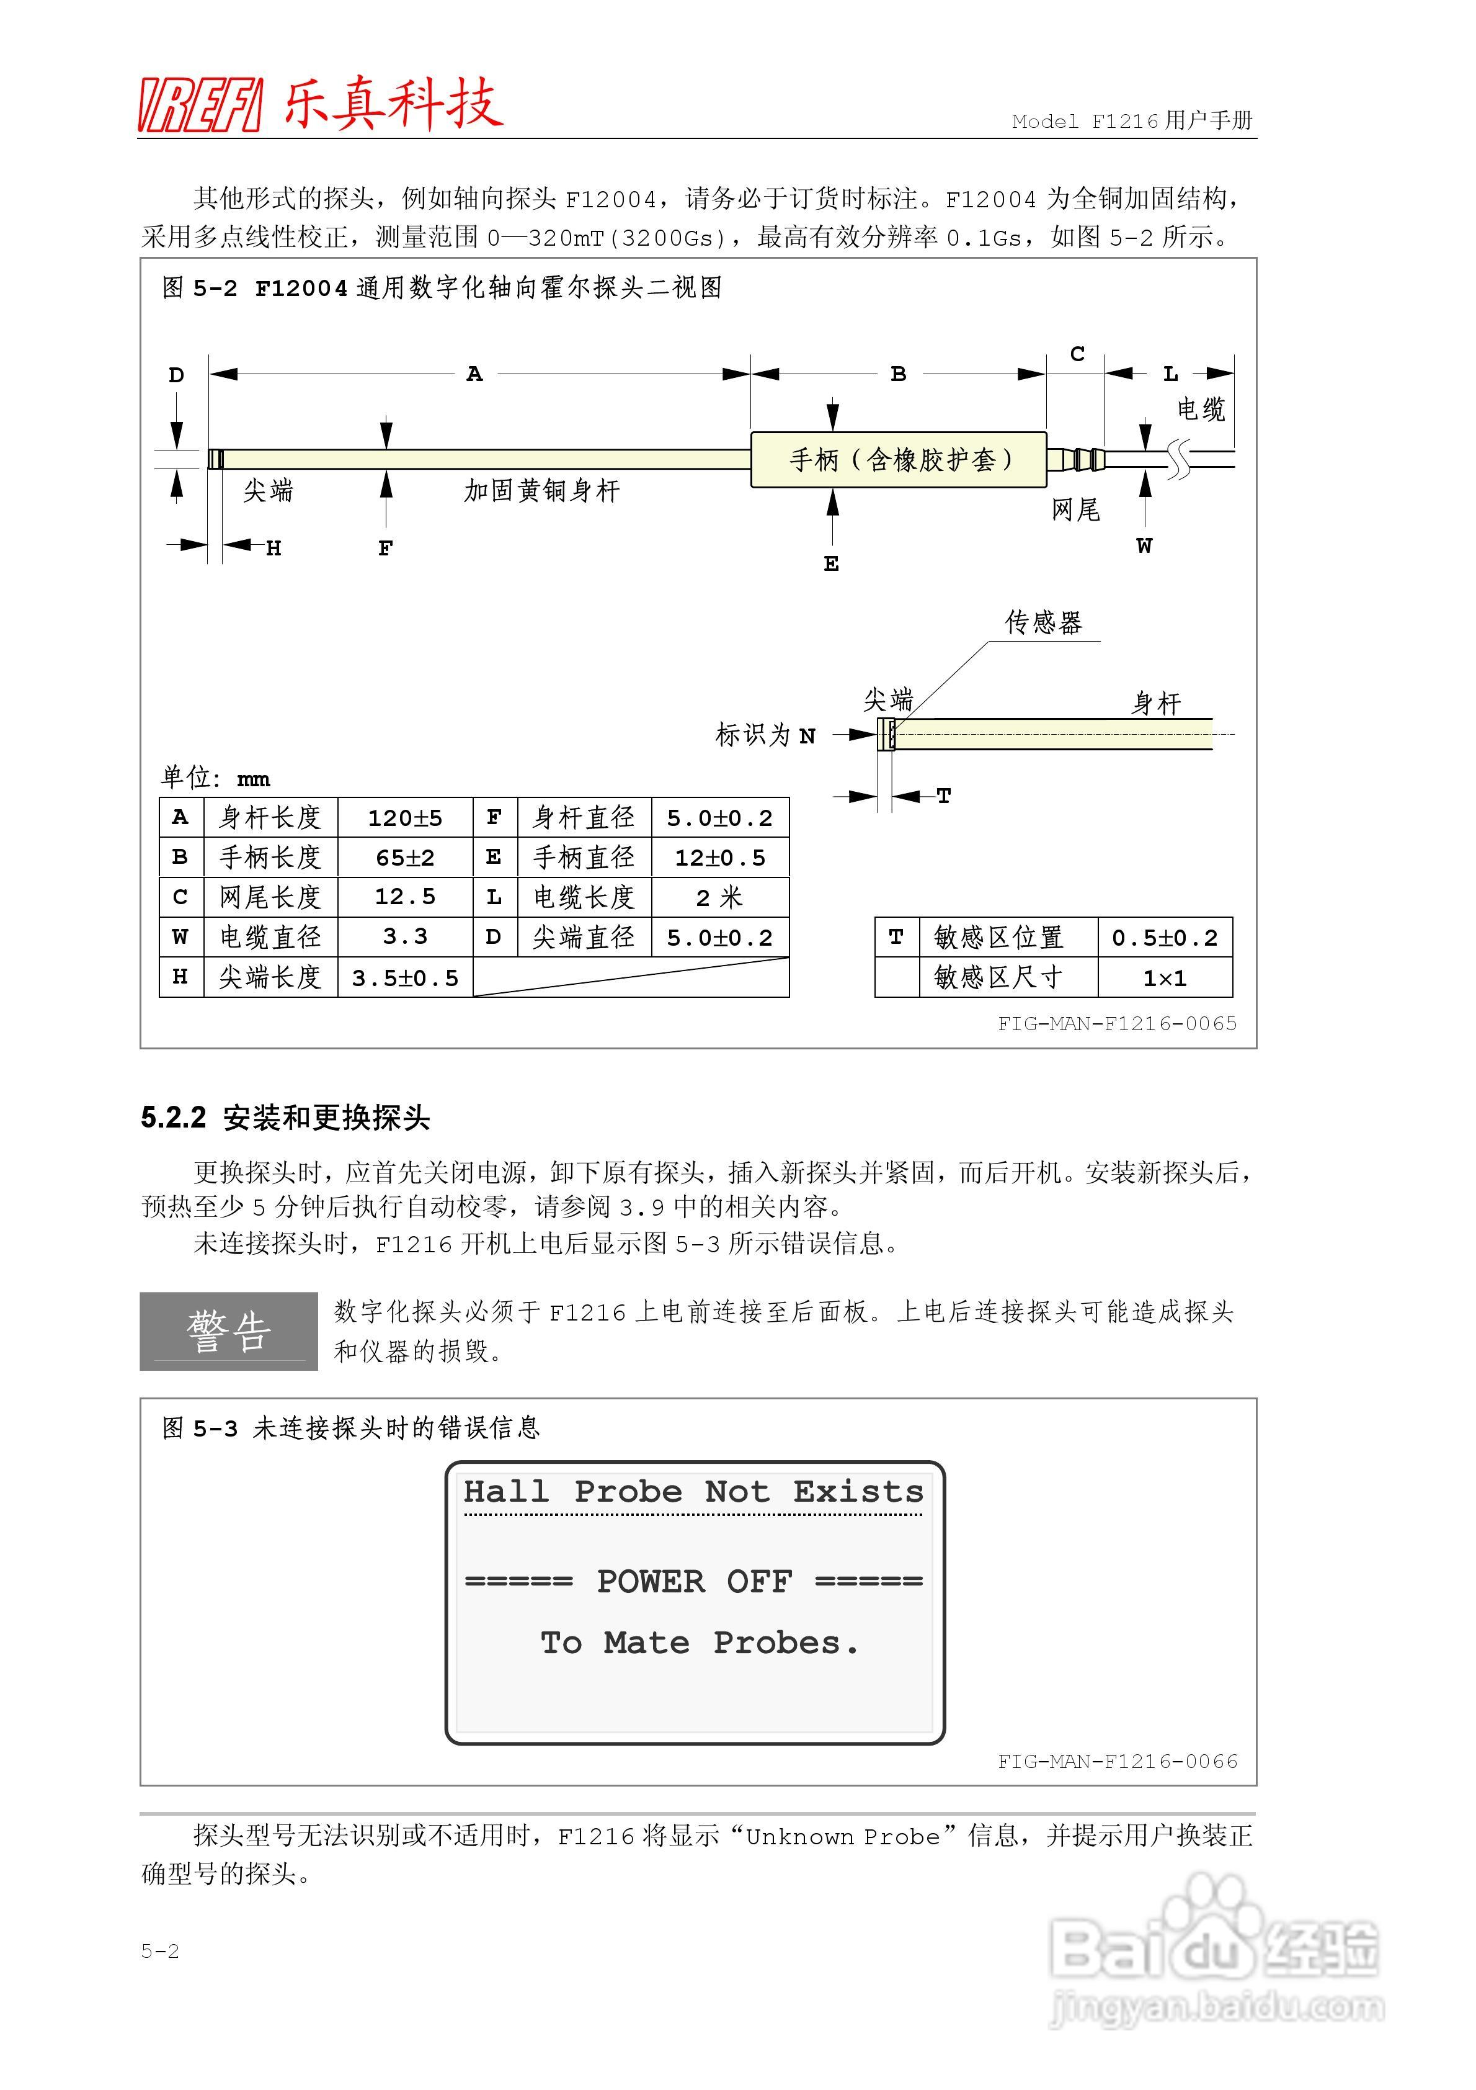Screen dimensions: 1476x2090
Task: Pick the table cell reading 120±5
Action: pos(405,817)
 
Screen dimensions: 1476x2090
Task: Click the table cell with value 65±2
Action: pos(405,858)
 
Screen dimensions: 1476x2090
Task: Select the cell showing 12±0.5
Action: pos(720,858)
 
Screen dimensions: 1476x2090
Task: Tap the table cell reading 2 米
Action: pos(720,897)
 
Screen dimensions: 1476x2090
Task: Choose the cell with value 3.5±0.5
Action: pos(405,977)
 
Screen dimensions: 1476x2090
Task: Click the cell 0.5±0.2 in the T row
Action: pos(1165,938)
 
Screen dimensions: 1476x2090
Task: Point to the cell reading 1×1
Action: pos(1165,977)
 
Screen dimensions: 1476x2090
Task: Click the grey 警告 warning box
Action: pos(228,1331)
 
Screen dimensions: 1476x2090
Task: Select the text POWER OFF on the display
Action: pos(695,1582)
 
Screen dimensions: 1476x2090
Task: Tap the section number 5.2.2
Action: pos(173,1118)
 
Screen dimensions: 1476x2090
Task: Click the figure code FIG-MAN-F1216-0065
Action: pos(1116,1023)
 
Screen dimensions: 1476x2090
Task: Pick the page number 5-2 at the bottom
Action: pos(160,1951)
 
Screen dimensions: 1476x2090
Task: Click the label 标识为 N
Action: pos(765,735)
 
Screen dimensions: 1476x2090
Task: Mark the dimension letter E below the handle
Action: pos(831,564)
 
